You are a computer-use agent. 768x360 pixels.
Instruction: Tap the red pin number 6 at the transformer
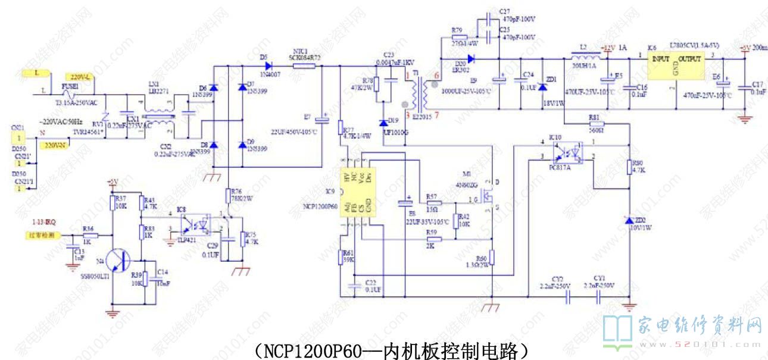(436, 76)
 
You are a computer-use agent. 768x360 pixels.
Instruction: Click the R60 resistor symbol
(492, 258)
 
